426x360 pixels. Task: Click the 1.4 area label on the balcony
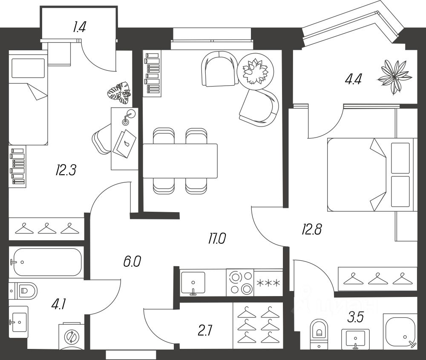[79, 28]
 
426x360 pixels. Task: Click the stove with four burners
[239, 282]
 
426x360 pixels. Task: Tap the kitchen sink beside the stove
[193, 282]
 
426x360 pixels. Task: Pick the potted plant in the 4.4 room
[395, 77]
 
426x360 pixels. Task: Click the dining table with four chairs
[180, 161]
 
